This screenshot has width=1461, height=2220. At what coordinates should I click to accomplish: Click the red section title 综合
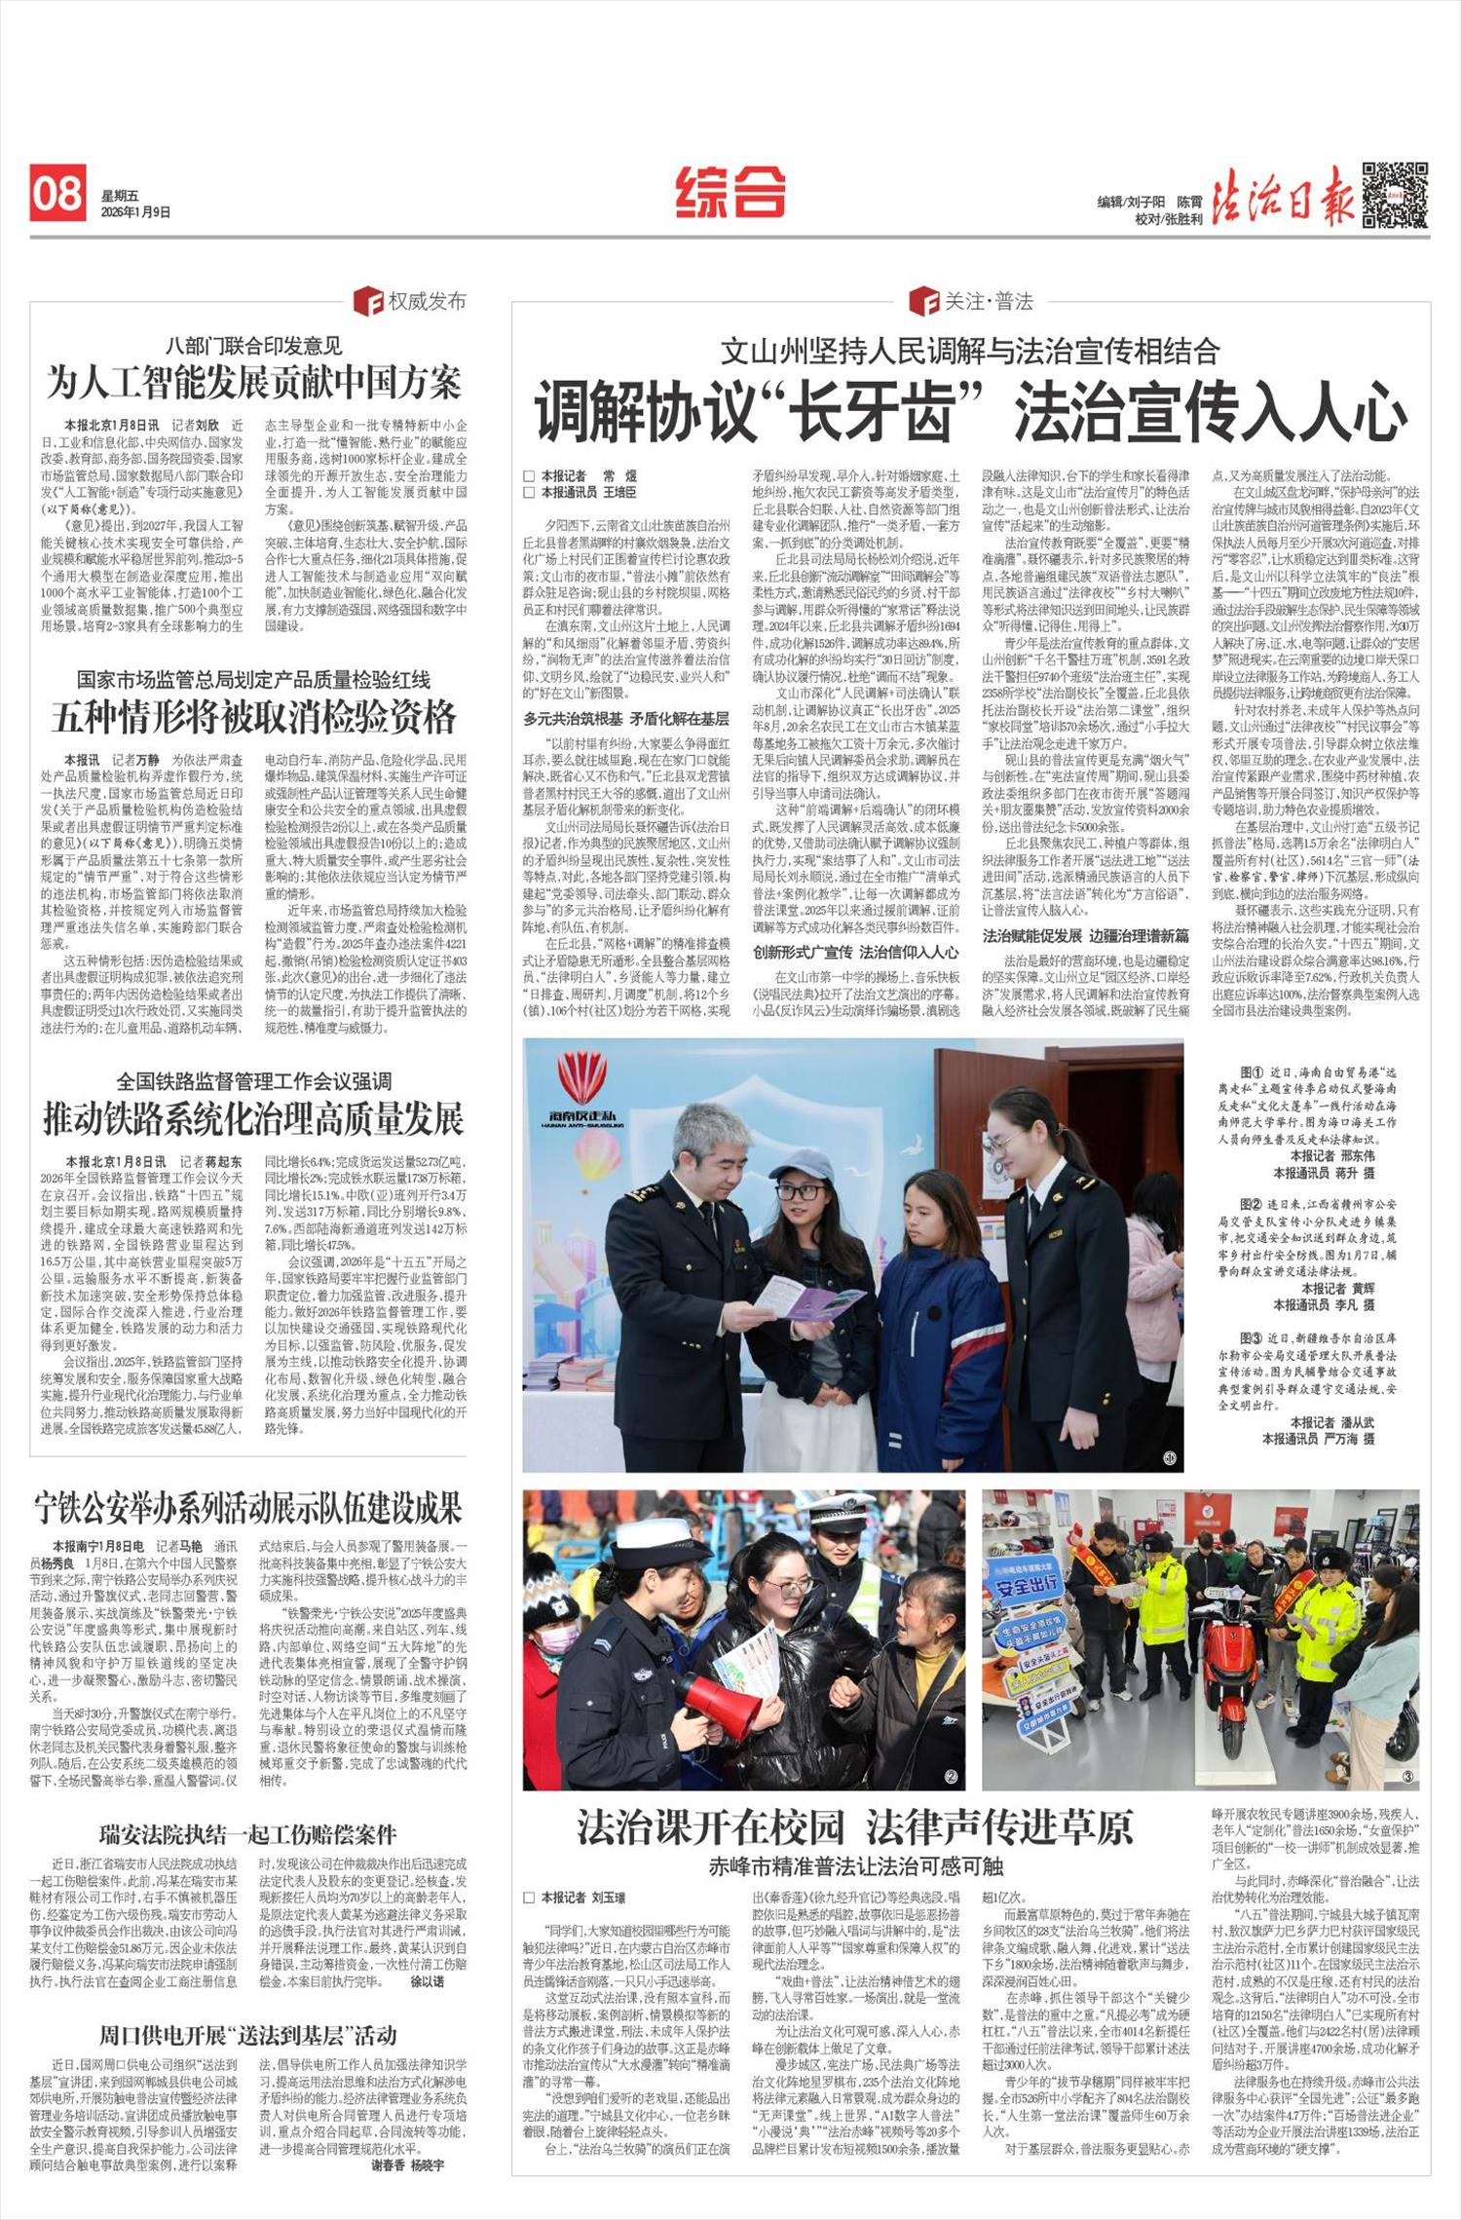(730, 191)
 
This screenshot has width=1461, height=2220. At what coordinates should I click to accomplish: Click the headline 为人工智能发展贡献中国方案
(253, 383)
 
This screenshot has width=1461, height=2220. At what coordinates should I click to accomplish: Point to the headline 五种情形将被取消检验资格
(253, 717)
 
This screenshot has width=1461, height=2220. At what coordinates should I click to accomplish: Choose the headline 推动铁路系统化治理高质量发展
(253, 1119)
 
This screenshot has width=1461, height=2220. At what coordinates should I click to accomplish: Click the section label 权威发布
(427, 301)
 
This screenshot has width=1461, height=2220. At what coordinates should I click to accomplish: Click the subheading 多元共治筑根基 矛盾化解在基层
(625, 719)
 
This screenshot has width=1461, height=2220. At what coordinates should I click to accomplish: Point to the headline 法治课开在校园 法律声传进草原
(855, 1827)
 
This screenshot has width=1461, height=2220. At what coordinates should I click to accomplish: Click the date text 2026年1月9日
(135, 211)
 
